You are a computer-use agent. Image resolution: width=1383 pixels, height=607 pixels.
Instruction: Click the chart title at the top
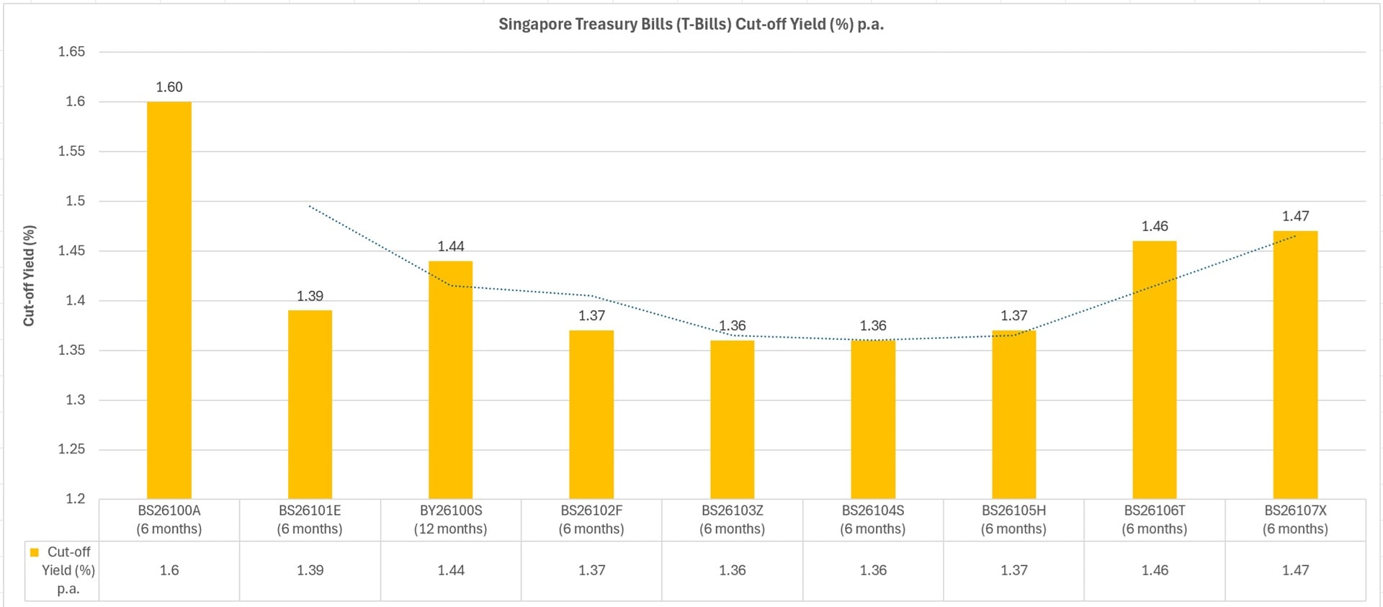coord(691,24)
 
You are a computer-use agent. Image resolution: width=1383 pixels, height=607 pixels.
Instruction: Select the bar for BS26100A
coord(169,300)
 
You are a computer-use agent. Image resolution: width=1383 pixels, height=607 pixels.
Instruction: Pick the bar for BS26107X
coord(1295,364)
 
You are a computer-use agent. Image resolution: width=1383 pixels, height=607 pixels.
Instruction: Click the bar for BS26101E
coord(310,404)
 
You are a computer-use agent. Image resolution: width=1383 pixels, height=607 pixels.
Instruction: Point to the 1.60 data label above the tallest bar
coord(169,87)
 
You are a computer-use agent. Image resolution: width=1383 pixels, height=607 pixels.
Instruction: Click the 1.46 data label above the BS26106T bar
coord(1155,226)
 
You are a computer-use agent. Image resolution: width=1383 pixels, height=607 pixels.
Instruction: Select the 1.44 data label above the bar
coord(451,246)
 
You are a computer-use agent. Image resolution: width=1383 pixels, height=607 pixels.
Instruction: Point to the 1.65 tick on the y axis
coord(71,52)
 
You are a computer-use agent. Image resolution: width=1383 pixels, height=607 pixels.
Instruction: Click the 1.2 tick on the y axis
coord(75,498)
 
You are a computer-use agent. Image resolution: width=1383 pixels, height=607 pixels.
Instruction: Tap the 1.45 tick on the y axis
coord(71,251)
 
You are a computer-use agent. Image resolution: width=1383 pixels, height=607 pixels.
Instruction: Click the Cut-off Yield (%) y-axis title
coord(29,276)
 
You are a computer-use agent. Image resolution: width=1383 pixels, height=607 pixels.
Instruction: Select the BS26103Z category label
coord(732,519)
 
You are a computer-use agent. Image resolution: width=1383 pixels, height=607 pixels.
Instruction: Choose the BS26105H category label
coord(1013,519)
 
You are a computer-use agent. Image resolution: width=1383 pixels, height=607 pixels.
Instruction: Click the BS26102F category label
coord(591,519)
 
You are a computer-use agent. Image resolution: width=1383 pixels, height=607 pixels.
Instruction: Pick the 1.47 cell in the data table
coord(1295,570)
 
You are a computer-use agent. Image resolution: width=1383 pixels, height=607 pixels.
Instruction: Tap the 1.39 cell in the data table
coord(310,570)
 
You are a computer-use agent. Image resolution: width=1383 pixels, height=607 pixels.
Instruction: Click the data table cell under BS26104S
coord(873,570)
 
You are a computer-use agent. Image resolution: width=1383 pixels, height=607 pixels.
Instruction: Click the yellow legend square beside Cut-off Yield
coord(34,552)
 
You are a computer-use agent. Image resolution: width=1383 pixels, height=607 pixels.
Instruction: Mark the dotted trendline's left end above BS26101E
coord(310,206)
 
